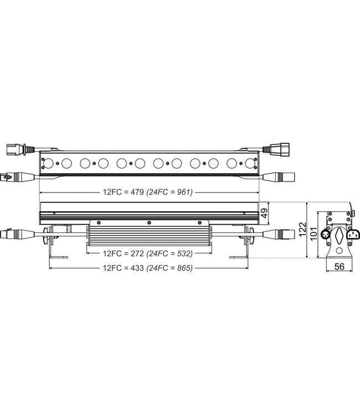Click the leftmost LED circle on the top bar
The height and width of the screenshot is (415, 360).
[48, 163]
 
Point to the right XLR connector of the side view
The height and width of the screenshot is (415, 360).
[279, 232]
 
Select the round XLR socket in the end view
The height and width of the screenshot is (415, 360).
[327, 235]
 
